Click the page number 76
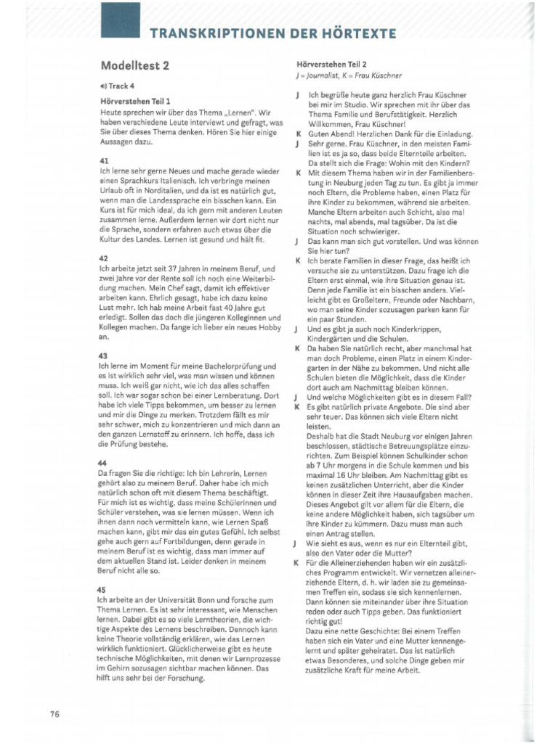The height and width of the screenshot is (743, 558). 54,713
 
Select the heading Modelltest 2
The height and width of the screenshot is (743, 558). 134,65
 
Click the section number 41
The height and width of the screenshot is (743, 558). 103,160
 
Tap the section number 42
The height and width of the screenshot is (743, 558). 103,258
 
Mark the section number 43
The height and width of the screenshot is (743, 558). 103,356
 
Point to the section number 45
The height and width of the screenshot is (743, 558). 103,590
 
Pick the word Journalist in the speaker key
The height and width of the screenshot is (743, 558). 325,75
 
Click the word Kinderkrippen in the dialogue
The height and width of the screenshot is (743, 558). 393,328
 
